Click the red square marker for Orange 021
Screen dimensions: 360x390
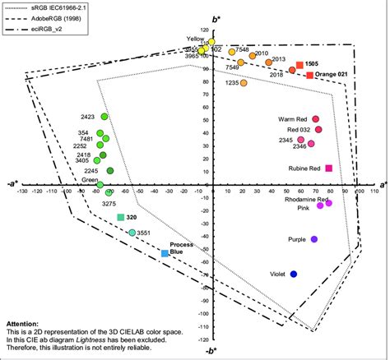click(310, 76)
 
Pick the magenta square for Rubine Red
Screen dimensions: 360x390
click(328, 168)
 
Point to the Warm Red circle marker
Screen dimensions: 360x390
click(315, 119)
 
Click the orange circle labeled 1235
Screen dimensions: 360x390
click(244, 83)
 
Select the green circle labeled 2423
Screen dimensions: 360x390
click(104, 117)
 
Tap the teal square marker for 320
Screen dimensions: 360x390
click(121, 217)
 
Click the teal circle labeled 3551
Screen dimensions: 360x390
click(132, 233)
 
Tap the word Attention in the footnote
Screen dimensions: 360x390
click(23, 325)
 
